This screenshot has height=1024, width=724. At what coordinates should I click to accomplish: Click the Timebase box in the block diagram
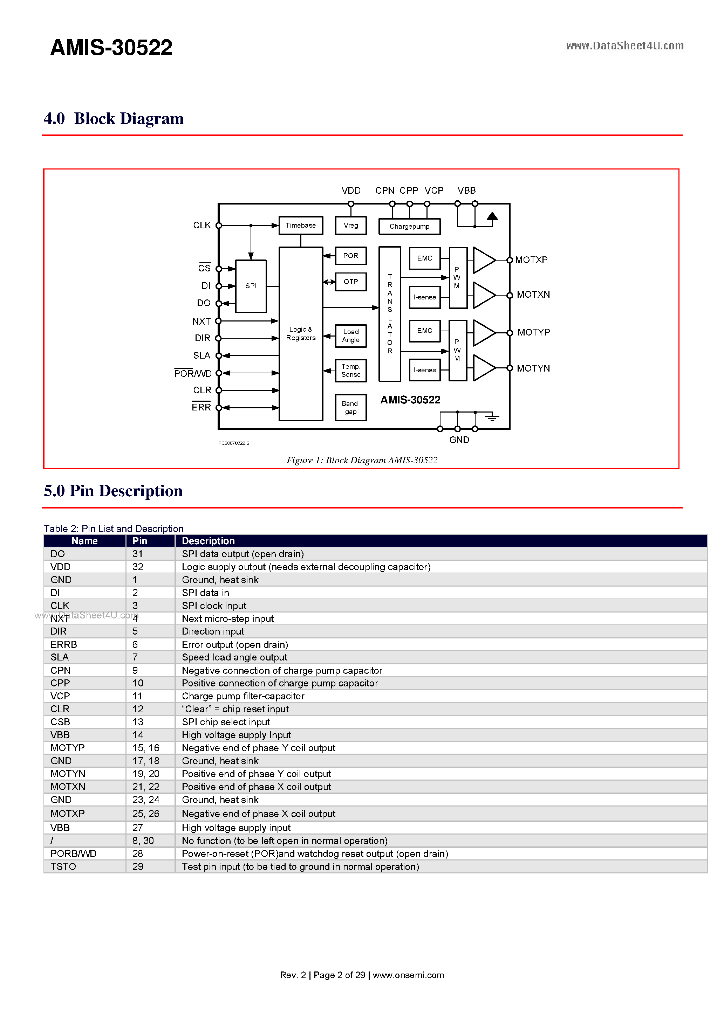300,225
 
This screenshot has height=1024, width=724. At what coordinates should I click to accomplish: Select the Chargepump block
409,226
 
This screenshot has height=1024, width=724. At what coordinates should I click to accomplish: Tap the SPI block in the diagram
251,286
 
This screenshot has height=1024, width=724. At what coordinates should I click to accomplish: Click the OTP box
350,282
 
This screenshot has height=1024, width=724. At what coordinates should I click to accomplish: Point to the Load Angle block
350,336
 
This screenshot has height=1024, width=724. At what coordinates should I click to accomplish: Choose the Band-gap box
350,407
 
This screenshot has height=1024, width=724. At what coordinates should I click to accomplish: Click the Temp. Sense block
350,370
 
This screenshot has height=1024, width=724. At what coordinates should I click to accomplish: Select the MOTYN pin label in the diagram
533,368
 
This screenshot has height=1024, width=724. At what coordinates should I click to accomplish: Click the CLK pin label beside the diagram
202,225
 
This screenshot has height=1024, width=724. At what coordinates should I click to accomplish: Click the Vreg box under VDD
350,225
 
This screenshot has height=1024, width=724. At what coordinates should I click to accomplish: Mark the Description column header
208,541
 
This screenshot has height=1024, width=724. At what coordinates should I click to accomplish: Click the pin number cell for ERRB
135,644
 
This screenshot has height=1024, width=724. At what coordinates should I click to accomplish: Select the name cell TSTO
63,866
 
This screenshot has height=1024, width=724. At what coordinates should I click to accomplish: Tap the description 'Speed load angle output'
234,657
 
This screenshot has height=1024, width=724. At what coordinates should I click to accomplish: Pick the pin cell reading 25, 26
145,814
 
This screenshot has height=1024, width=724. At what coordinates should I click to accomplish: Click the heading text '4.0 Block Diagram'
114,119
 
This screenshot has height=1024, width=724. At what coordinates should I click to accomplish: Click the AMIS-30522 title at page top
111,47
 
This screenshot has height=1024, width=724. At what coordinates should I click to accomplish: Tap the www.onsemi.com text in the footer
408,975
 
